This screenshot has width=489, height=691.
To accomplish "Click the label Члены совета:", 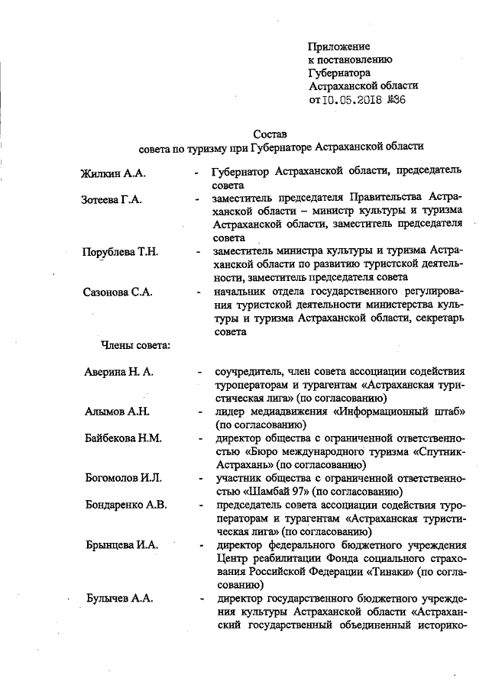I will pos(135,345).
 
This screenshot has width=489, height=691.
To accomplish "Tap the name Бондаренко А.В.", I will pos(125,505).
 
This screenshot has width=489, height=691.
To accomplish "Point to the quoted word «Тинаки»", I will pos(386,571).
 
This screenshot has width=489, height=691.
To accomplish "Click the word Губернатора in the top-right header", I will pos(340,73).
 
